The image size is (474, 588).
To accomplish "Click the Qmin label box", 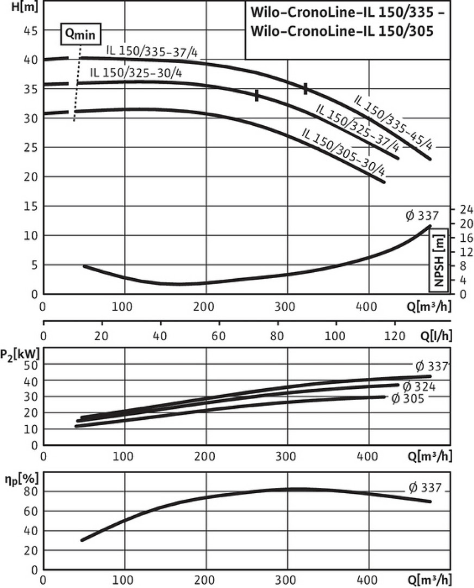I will coord(80,34).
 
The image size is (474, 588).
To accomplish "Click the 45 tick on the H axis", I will coord(30,31).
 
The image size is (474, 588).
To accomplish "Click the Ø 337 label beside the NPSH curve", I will coord(421,216).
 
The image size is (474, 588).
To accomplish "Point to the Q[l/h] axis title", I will coord(435,336).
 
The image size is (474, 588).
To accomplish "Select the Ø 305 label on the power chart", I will coord(407,398).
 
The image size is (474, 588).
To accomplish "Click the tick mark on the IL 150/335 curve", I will coord(305,89).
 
